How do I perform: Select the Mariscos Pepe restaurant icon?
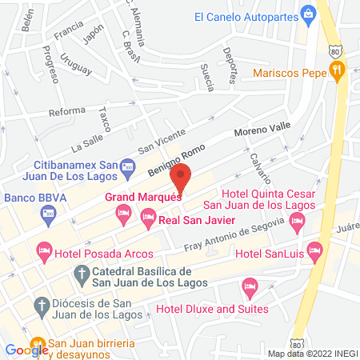pos(339,70)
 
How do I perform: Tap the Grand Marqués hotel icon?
pos(122,212)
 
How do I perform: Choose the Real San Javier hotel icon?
pos(148,216)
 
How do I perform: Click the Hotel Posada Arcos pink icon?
pos(43,254)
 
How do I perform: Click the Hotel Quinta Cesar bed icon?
pos(298,226)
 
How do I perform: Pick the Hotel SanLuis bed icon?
pos(314,254)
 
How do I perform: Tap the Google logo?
pos(26,349)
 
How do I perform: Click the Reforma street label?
pos(67,112)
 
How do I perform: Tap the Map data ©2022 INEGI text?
pos(312,353)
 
